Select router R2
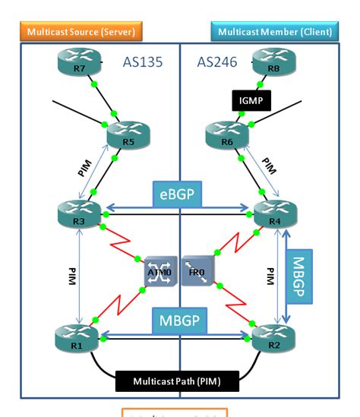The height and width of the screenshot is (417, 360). (271, 336)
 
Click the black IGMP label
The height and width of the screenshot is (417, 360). (246, 99)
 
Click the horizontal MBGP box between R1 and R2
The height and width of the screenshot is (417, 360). (179, 321)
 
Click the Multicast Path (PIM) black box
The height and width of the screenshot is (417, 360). (175, 380)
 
